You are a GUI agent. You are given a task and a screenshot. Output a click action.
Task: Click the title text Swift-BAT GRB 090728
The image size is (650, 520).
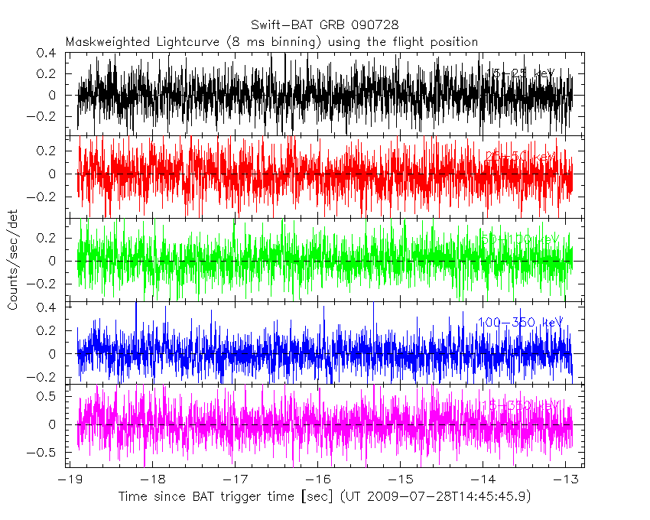324,25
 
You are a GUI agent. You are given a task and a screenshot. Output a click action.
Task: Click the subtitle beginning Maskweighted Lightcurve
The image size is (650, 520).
271,41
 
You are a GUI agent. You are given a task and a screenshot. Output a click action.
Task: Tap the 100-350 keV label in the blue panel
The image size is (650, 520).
520,323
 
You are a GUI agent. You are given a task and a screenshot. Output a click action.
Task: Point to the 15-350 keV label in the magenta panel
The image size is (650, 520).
520,404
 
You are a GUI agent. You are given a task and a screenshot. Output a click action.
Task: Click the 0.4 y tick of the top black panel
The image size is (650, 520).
48,54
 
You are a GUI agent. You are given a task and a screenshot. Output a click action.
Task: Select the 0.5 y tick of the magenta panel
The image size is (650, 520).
48,395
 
